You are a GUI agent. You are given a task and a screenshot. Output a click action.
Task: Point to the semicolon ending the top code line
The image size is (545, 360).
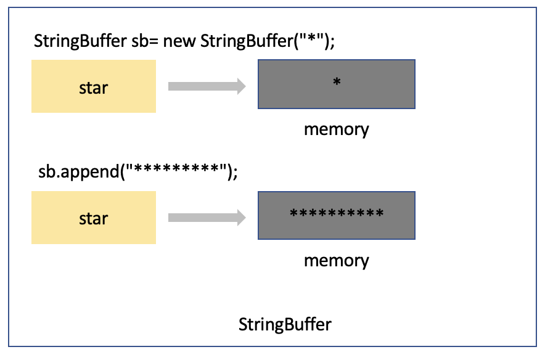point(332,44)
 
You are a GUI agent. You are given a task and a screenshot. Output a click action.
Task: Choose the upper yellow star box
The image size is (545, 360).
point(94,87)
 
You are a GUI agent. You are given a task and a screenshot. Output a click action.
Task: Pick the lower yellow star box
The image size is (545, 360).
point(94,218)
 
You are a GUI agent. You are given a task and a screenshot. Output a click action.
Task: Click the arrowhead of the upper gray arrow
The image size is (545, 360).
point(240,87)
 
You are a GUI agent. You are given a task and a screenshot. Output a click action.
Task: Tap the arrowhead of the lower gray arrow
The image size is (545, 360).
point(240,218)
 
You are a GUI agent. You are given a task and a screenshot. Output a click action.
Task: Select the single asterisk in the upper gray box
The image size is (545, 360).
point(337,82)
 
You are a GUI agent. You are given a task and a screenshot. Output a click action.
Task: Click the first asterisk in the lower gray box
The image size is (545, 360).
point(294,214)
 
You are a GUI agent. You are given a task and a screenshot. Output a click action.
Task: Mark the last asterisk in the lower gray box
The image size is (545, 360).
point(379,214)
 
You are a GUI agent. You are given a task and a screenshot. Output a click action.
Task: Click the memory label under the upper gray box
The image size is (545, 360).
point(336,129)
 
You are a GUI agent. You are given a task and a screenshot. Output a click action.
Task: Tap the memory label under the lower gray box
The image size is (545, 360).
point(336,260)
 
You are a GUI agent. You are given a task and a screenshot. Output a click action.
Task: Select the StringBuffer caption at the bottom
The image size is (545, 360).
point(285,324)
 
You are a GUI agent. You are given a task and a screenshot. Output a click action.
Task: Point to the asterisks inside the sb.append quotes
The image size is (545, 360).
point(173,171)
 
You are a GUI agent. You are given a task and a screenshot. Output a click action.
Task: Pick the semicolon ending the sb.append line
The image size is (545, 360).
point(234,175)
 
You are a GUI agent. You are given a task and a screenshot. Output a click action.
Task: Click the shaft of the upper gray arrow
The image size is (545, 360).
point(200,87)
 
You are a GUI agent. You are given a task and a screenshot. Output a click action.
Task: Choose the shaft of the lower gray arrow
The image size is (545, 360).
point(200,218)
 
